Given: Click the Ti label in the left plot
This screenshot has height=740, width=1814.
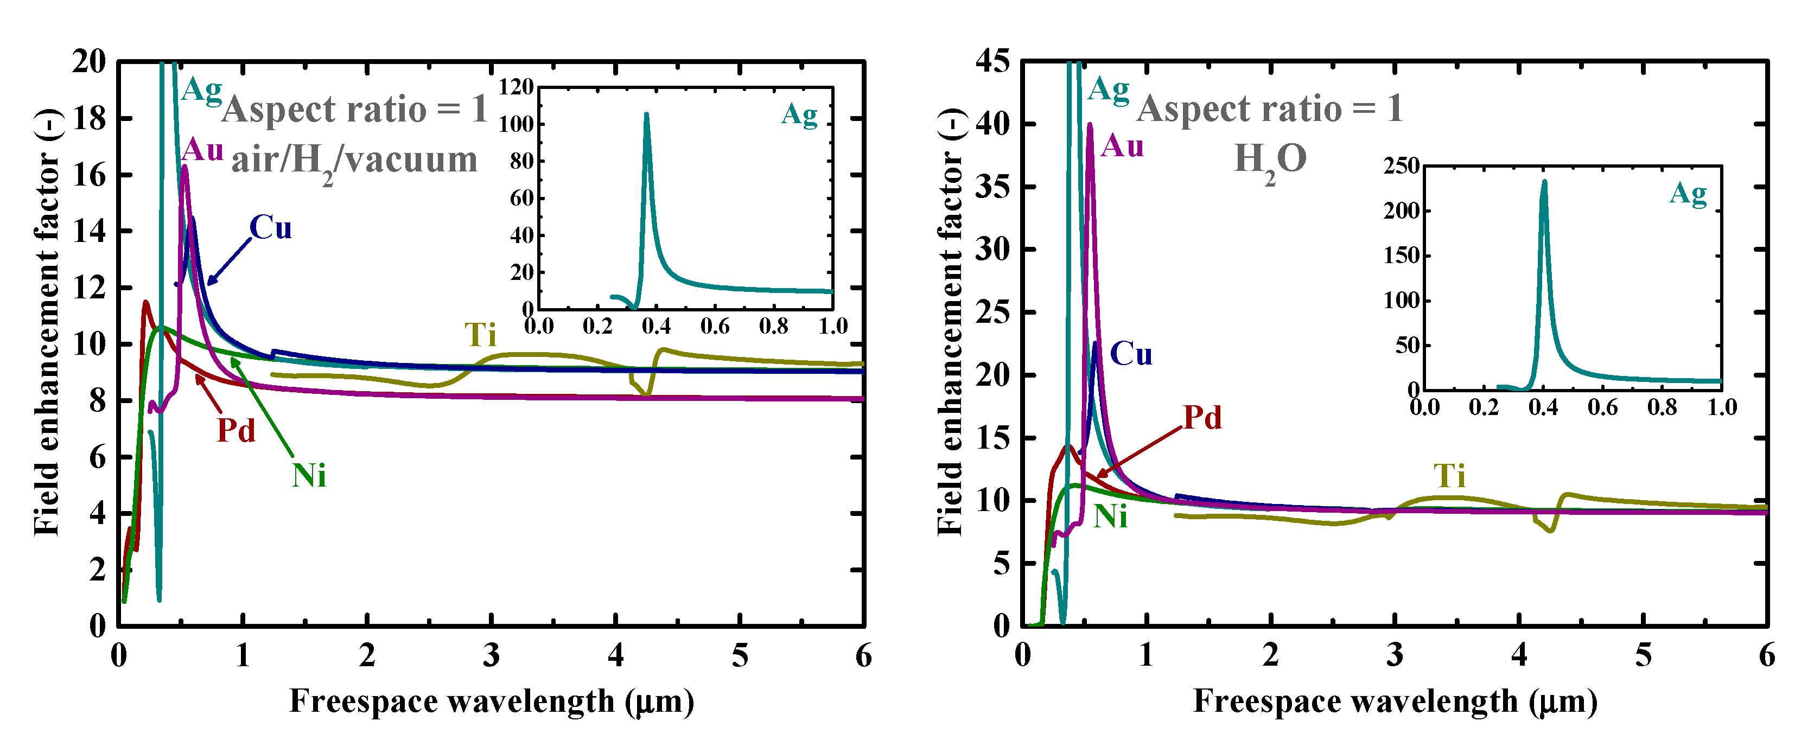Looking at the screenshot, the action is tap(480, 335).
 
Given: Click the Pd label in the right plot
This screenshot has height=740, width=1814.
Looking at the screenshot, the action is tap(1202, 418).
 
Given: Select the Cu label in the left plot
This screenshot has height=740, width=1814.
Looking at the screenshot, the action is tap(270, 227).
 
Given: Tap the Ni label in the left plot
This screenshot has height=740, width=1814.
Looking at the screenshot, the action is tap(309, 476).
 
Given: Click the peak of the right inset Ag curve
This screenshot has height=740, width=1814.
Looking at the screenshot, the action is tap(1544, 182).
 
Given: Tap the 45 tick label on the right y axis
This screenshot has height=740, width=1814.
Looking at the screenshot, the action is tap(992, 61).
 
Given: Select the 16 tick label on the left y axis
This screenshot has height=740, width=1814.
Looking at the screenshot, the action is tap(89, 175).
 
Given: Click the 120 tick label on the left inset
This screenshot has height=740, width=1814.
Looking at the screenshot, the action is tap(516, 87).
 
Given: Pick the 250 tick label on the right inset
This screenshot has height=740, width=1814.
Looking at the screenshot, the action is tap(1402, 166).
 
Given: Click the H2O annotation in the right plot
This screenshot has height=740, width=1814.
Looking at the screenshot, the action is tap(1270, 160).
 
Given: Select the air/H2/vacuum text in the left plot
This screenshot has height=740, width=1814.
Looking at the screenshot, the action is tap(354, 161).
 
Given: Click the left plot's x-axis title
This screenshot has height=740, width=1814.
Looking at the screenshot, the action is tap(492, 701).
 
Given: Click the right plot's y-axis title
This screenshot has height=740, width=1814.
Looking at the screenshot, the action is tap(951, 322).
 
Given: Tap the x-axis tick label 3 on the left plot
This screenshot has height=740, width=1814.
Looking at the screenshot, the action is tap(492, 656).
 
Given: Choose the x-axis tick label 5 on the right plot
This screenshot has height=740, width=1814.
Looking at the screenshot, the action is tap(1643, 656).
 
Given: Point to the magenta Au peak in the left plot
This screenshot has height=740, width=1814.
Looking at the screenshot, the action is tap(184, 168).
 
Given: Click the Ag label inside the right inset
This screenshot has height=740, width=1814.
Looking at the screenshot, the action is tap(1688, 193).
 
